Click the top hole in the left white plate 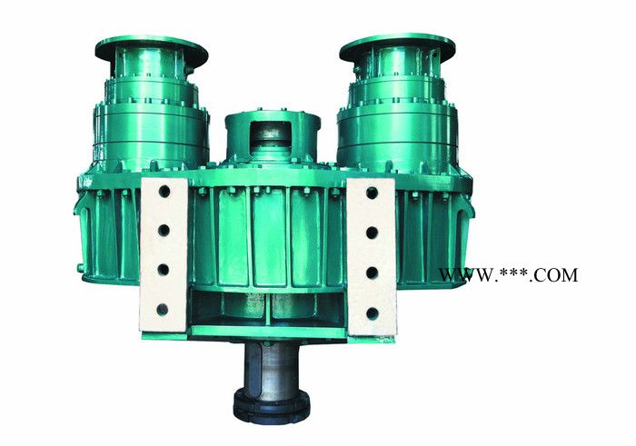pyautogui.click(x=164, y=192)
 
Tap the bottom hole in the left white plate pyautogui.click(x=163, y=310)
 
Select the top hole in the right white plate pyautogui.click(x=372, y=193)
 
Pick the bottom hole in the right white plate pyautogui.click(x=373, y=313)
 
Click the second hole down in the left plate pyautogui.click(x=164, y=231)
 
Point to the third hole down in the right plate pyautogui.click(x=372, y=273)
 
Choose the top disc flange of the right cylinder pyautogui.click(x=397, y=45)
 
